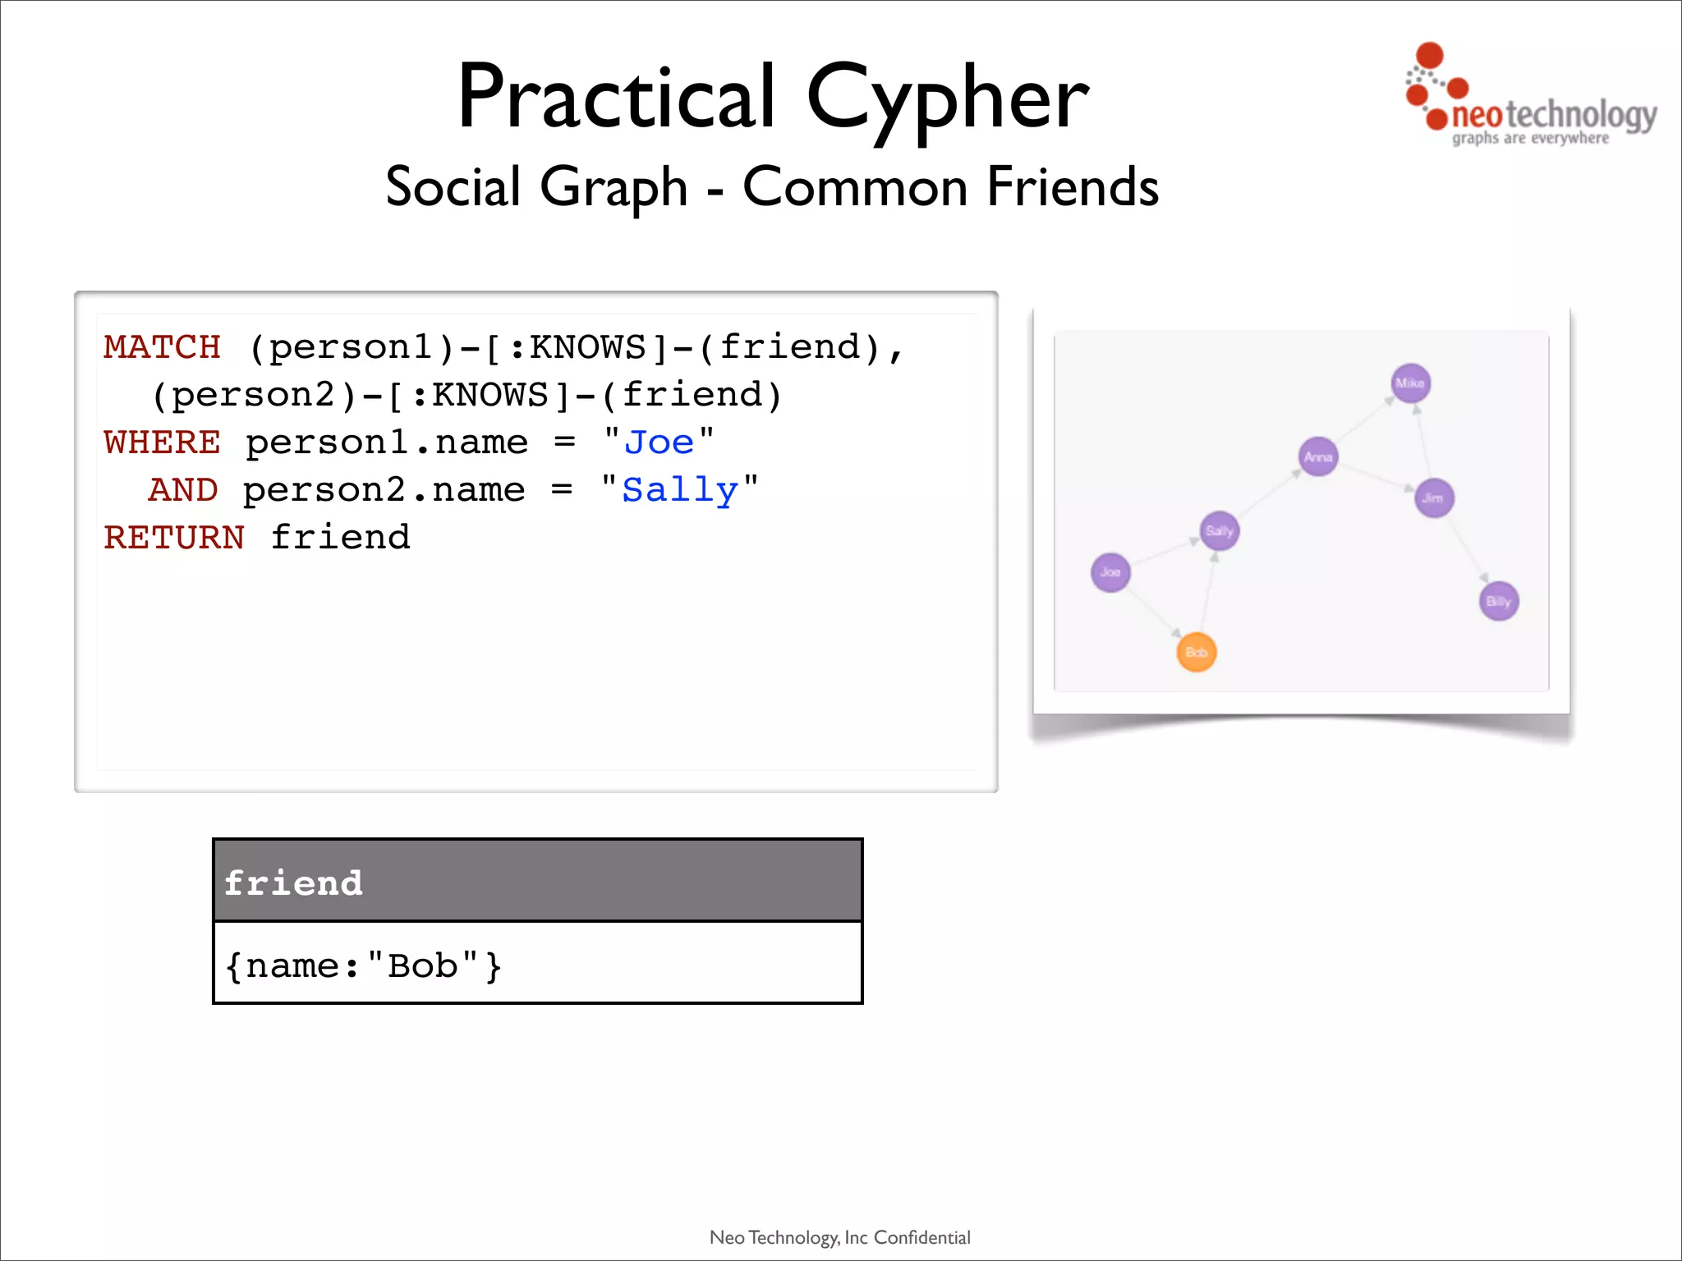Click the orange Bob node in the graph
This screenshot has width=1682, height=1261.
pyautogui.click(x=1196, y=653)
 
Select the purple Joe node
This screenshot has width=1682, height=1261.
pyautogui.click(x=1110, y=572)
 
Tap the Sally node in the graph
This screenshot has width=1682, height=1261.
pyautogui.click(x=1219, y=531)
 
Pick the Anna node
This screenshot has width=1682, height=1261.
pyautogui.click(x=1318, y=456)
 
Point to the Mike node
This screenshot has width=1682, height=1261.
pyautogui.click(x=1410, y=383)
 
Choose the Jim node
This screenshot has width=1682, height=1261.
pyautogui.click(x=1433, y=498)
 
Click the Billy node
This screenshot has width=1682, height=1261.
pyautogui.click(x=1498, y=601)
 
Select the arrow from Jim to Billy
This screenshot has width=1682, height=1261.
pyautogui.click(x=1468, y=551)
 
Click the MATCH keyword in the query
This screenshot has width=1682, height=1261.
pyautogui.click(x=162, y=347)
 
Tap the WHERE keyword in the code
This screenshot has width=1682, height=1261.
pyautogui.click(x=162, y=442)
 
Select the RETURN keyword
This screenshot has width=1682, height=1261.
pyautogui.click(x=174, y=538)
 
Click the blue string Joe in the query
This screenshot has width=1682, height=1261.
pyautogui.click(x=659, y=442)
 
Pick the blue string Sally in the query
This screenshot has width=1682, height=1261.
pyautogui.click(x=680, y=490)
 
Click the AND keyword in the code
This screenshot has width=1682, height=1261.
pyautogui.click(x=183, y=490)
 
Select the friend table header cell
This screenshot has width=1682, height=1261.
pyautogui.click(x=537, y=882)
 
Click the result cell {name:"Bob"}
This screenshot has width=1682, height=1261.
pyautogui.click(x=537, y=964)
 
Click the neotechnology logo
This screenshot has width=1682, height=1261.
pyautogui.click(x=1529, y=103)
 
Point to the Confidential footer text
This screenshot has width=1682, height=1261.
pyautogui.click(x=921, y=1237)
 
